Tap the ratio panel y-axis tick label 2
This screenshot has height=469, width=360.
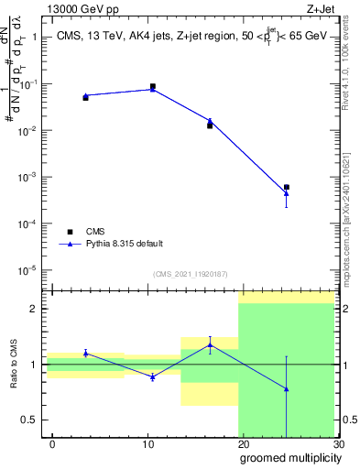pos(35,309)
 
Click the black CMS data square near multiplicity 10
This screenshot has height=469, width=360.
pos(152,86)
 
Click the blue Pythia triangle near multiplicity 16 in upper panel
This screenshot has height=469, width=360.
pos(210,121)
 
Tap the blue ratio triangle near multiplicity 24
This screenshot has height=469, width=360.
pos(287,389)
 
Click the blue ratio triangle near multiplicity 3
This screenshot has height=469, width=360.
pos(85,353)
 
